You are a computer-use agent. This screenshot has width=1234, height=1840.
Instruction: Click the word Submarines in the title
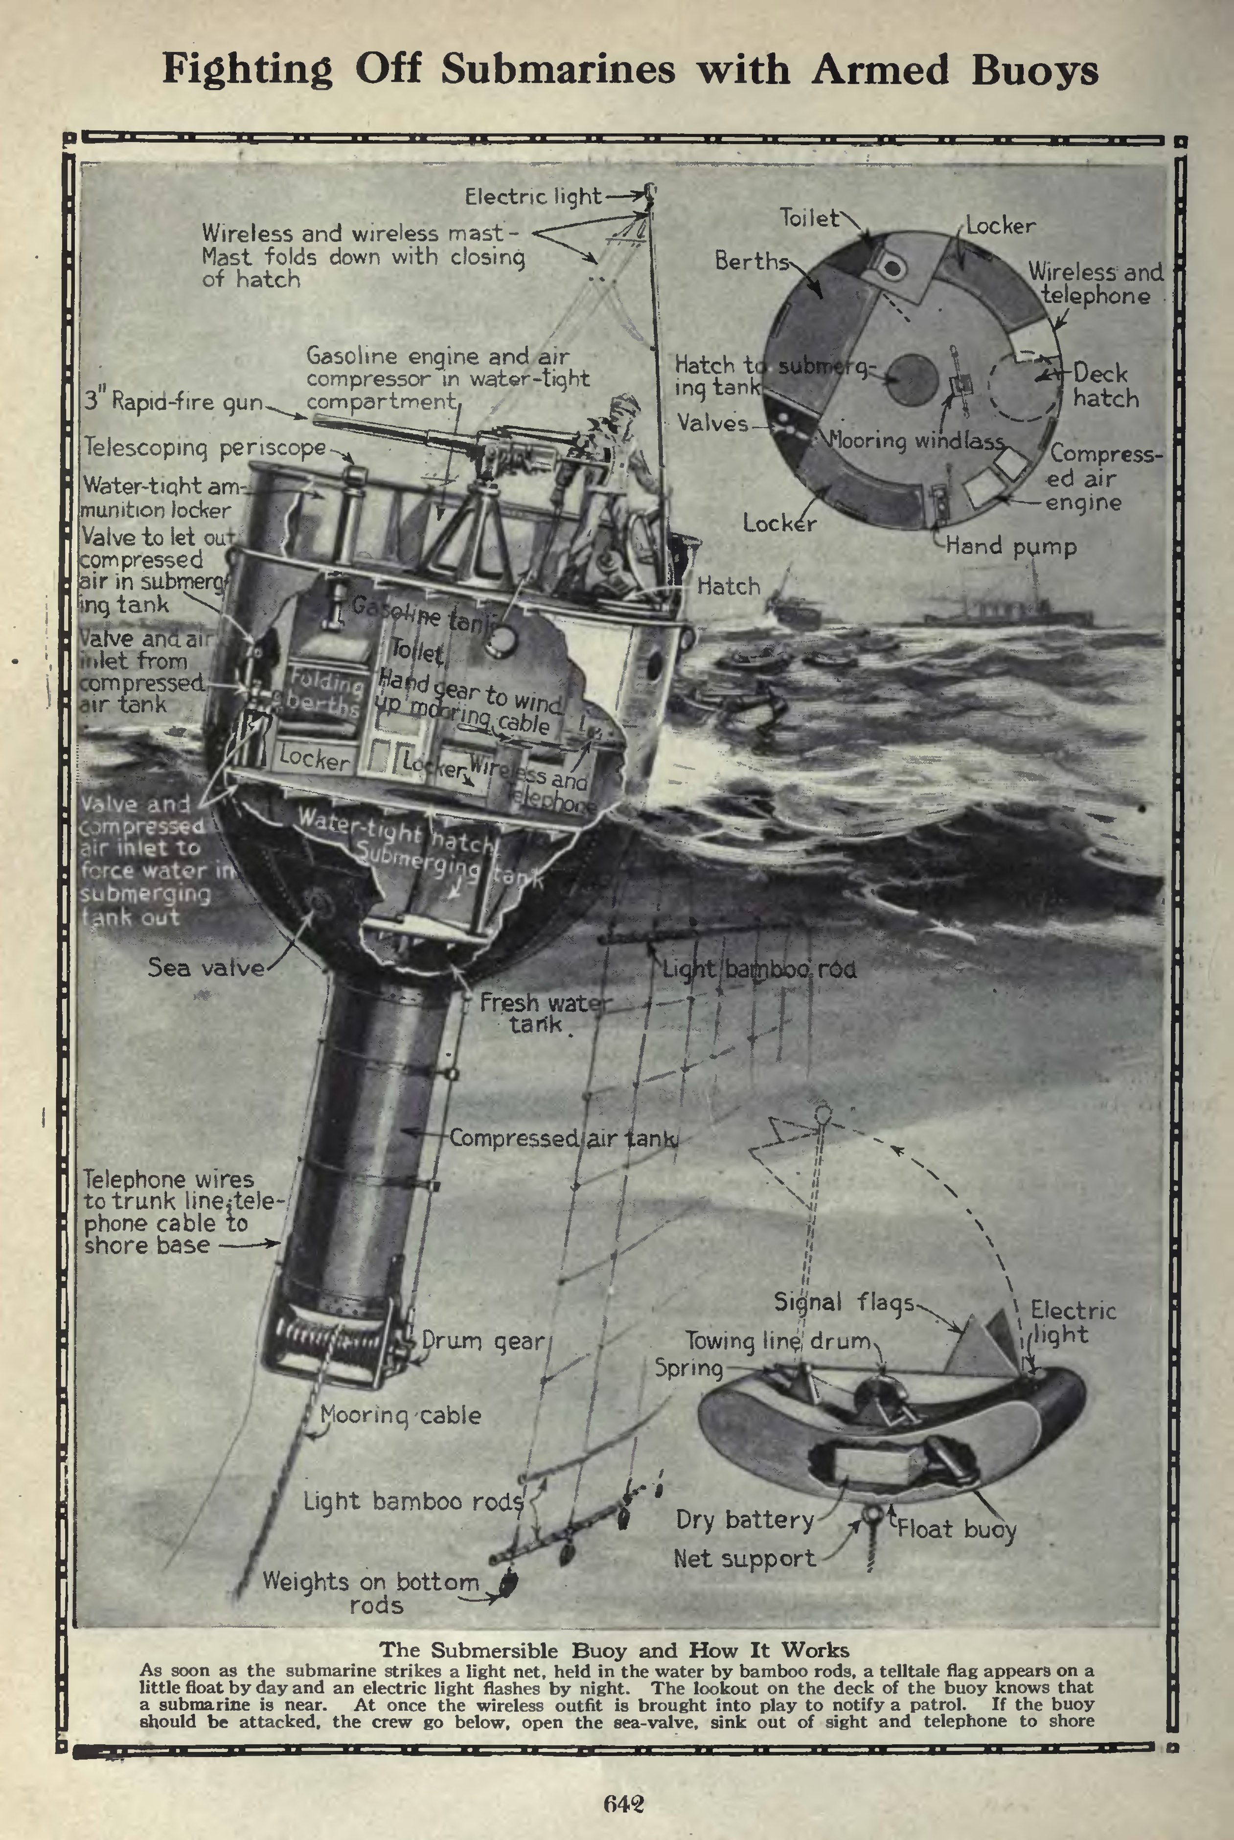point(557,69)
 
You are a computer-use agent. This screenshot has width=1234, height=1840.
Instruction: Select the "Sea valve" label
point(206,967)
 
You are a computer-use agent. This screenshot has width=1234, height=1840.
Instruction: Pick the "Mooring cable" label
point(401,1415)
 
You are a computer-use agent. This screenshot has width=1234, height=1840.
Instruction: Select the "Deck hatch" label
point(1105,386)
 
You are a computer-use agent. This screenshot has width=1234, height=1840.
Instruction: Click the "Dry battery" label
point(745,1519)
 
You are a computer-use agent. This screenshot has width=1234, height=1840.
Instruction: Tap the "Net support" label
point(745,1558)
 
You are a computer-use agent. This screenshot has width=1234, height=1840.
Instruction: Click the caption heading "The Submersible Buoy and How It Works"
point(614,1650)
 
